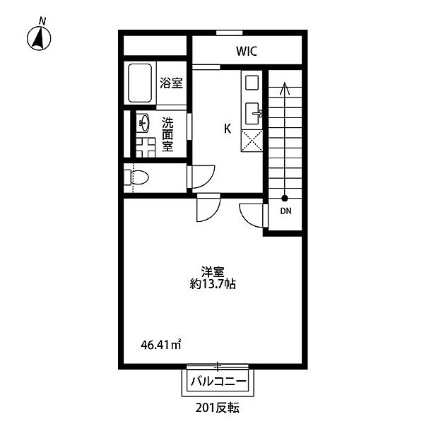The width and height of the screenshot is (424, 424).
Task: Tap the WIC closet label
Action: click(247, 51)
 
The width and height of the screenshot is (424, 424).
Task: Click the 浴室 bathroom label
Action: click(171, 83)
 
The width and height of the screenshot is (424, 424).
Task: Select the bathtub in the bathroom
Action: click(140, 83)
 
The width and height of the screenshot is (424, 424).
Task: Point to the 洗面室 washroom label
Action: click(167, 135)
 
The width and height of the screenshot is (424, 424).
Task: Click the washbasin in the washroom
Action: click(144, 123)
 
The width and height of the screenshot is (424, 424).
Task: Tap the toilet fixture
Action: click(136, 177)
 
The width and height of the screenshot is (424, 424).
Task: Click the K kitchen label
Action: click(228, 129)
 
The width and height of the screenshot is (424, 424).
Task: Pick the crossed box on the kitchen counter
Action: click(252, 141)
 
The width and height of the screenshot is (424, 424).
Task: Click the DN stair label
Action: click(285, 211)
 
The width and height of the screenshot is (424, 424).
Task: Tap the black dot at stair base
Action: click(285, 198)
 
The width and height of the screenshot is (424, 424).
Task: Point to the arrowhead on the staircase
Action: click(285, 88)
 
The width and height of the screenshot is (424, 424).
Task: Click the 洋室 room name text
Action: click(213, 272)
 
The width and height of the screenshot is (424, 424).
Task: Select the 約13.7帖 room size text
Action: click(213, 284)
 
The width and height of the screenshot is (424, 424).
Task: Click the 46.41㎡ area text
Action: click(160, 345)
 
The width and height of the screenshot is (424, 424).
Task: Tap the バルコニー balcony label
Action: click(218, 382)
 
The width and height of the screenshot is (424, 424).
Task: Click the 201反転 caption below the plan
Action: click(218, 408)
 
